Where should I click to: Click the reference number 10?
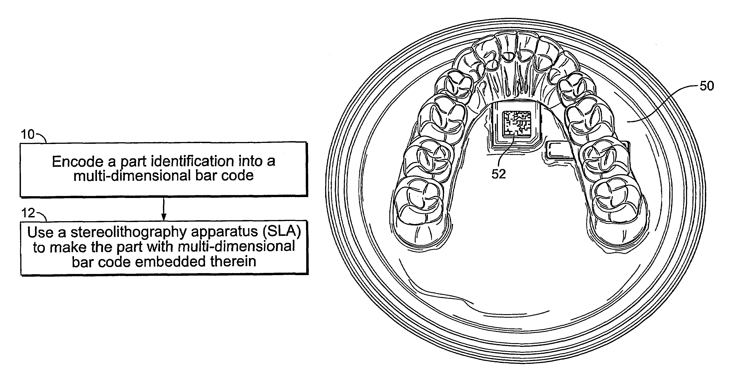coord(27,134)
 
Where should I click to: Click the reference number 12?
coord(28,213)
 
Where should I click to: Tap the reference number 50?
coord(706,86)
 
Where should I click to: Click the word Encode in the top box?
coord(78,162)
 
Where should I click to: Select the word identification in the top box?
coord(192,161)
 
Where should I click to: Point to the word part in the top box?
coord(134,162)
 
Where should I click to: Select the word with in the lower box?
coord(161,247)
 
